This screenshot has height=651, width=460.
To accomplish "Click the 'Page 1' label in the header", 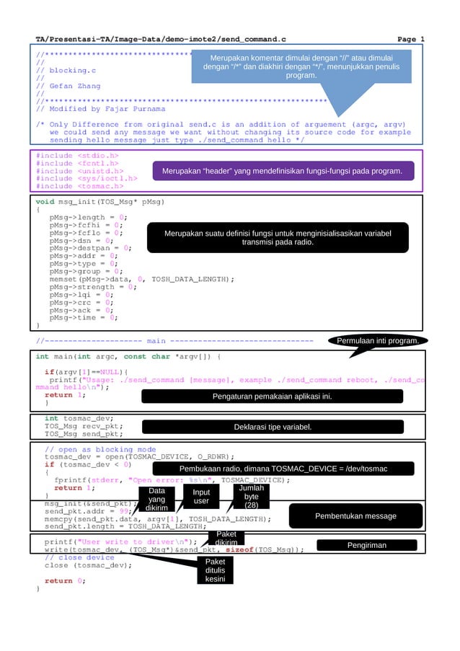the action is click(411, 38).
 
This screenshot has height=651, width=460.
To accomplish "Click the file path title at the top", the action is click(162, 38).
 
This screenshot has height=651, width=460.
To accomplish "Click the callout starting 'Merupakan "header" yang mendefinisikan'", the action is click(282, 171).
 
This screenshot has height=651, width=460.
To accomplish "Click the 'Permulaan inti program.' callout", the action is click(378, 341).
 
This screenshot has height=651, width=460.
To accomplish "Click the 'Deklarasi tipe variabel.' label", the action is click(273, 428).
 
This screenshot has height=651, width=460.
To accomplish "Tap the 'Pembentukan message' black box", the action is click(355, 516).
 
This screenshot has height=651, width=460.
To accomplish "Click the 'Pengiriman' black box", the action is click(367, 546).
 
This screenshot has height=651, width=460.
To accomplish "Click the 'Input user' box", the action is click(201, 497).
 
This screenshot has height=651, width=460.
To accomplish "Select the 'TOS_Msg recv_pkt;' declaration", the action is click(84, 426).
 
